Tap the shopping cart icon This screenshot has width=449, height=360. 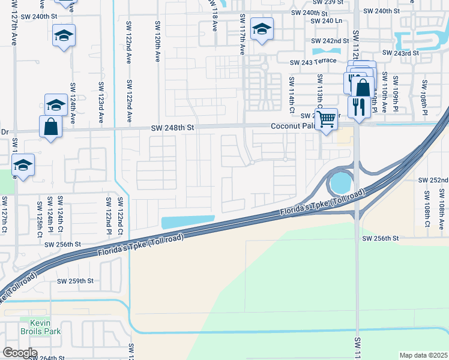point(326,119)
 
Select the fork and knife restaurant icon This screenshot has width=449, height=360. point(358,107)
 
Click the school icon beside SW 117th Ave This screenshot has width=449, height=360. point(262,29)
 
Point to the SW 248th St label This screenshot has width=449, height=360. point(173,127)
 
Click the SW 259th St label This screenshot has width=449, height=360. point(76,281)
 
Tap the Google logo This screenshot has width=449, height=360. point(19,353)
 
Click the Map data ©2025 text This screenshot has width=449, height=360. point(423,355)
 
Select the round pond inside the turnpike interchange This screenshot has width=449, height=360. point(339,180)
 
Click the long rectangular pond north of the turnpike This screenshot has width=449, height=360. point(188,221)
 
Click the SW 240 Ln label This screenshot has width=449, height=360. point(327,21)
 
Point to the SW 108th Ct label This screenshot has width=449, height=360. point(427,209)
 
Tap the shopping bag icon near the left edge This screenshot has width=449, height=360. point(50,127)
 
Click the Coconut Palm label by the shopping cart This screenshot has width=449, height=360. point(292,127)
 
